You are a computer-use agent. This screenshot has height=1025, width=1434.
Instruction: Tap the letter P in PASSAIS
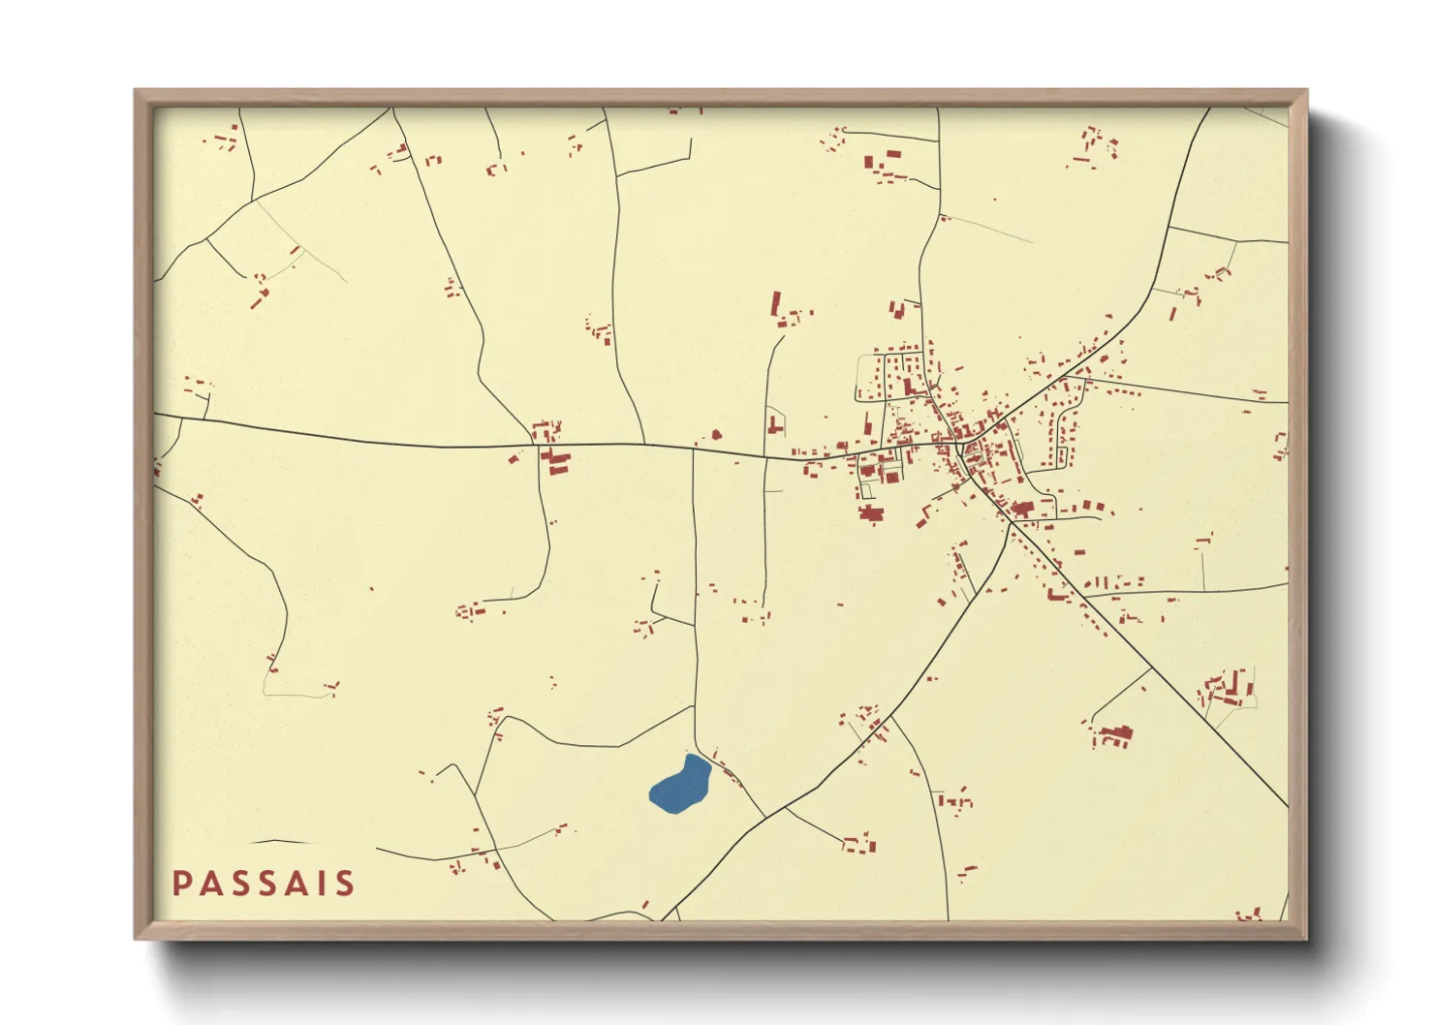(180, 884)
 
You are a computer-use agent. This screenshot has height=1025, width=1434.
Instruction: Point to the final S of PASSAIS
(344, 884)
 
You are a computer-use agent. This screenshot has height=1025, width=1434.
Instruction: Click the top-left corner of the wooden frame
(136, 90)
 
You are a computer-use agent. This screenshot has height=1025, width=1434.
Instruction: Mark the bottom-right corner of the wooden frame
(1307, 938)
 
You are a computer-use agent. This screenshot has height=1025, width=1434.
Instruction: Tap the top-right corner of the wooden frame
(1307, 90)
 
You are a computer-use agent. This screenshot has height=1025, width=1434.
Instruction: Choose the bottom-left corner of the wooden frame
(136, 938)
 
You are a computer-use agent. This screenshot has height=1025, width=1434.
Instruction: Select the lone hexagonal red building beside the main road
(717, 436)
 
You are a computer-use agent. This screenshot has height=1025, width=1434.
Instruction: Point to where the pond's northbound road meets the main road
(694, 448)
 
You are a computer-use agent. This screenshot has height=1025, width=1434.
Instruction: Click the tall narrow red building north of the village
(775, 303)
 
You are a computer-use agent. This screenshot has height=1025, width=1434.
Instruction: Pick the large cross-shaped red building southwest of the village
(869, 514)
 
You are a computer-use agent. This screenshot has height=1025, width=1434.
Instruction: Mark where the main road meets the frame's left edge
(155, 415)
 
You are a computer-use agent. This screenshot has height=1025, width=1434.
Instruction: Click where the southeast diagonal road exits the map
(1288, 806)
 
